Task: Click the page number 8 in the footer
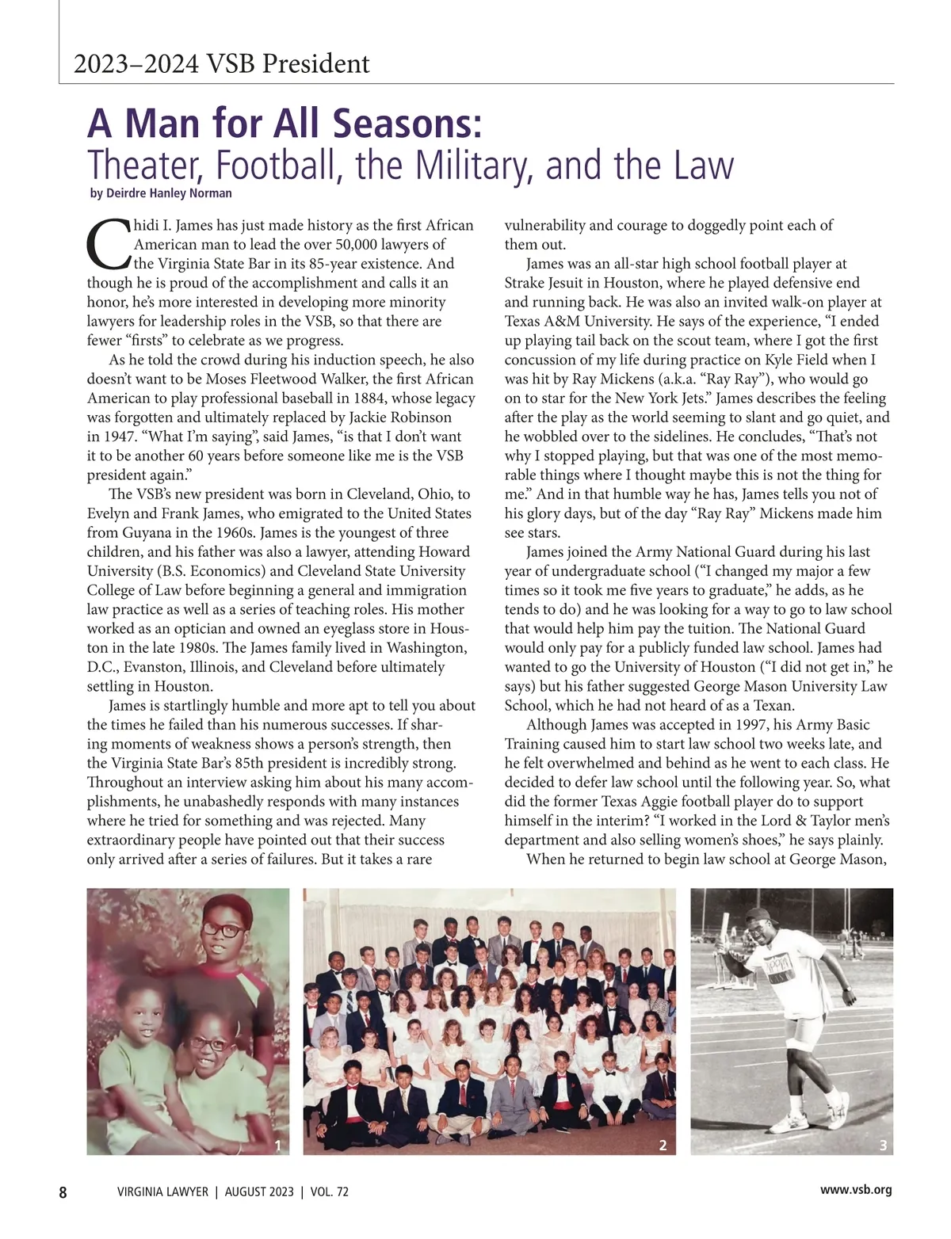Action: [63, 1191]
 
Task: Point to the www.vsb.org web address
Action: [856, 1190]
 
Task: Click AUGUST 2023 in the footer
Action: [259, 1191]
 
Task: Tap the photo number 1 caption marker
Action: [277, 1145]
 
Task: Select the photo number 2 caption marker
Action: [663, 1145]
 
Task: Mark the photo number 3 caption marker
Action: [883, 1145]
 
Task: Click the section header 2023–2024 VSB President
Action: [221, 63]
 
